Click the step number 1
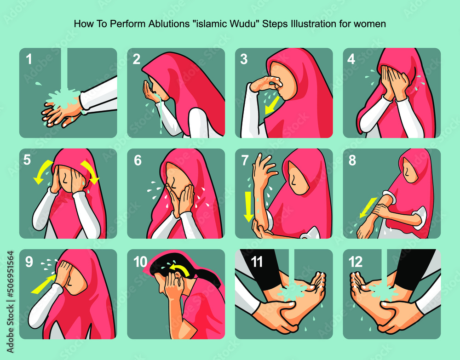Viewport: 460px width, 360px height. tap(29, 59)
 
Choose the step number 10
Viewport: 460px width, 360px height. tap(140, 262)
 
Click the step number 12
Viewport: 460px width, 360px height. tap(356, 262)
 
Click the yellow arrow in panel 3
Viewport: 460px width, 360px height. tap(271, 105)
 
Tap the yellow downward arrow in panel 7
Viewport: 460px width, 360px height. tap(249, 206)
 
